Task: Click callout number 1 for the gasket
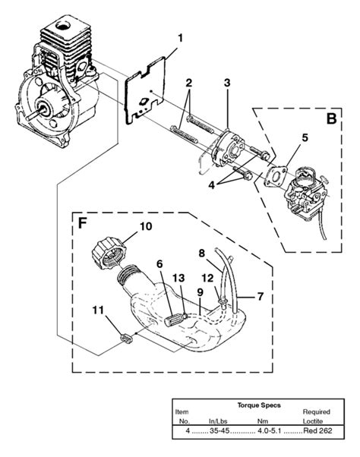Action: pyautogui.click(x=180, y=36)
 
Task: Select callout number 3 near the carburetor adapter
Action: pyautogui.click(x=226, y=83)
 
